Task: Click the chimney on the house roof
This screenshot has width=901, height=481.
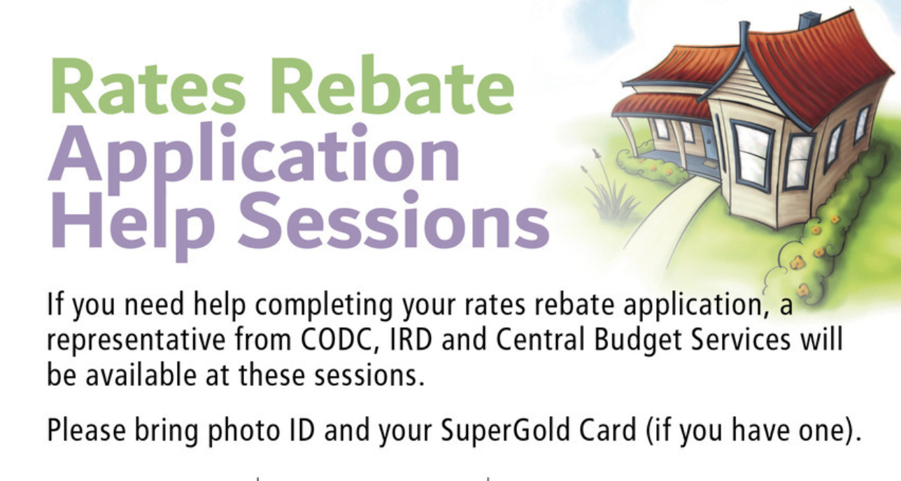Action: coord(809,20)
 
